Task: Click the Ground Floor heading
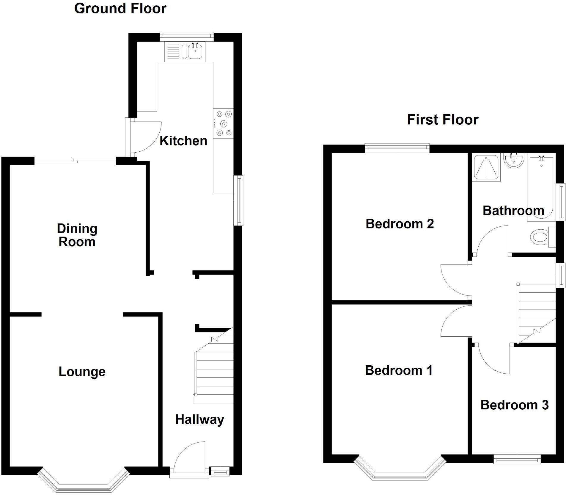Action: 120,8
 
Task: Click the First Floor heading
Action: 442,120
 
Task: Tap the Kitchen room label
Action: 183,141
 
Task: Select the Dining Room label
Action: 77,235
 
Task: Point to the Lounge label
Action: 82,372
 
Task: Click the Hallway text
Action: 199,419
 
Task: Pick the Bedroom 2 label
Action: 400,224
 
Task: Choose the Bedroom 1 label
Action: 399,370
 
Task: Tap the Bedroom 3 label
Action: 514,405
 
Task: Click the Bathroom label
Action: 513,211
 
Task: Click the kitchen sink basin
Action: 195,51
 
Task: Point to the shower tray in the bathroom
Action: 487,167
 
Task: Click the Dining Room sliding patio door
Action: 75,162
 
